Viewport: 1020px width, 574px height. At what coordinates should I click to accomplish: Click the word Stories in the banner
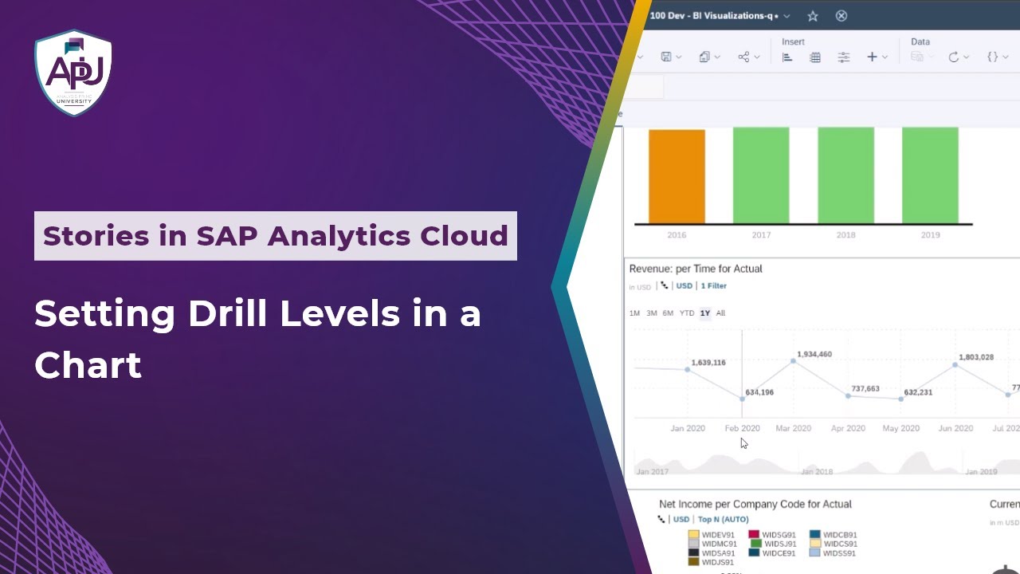[96, 236]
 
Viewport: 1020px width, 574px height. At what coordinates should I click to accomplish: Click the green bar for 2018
[845, 175]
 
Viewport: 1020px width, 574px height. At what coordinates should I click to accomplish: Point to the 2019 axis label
[930, 235]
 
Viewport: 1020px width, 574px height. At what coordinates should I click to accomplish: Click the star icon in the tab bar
[813, 16]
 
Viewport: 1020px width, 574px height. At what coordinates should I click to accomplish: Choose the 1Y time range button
[705, 313]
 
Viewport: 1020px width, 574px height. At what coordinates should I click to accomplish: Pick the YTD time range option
[687, 313]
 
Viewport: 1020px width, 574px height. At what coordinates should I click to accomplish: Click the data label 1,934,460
[814, 354]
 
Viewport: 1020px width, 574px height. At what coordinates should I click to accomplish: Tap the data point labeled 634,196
[743, 398]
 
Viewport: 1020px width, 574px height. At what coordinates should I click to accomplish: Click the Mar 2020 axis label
[793, 428]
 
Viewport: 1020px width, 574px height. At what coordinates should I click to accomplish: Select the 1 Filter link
[713, 285]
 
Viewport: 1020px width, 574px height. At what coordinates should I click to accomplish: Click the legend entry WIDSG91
[779, 535]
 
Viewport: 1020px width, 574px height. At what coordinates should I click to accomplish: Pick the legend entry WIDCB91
[840, 535]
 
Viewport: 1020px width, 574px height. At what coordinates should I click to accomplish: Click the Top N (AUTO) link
[723, 519]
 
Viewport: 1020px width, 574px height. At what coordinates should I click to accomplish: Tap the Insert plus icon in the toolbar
[872, 57]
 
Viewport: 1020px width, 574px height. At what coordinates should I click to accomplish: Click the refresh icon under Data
[953, 57]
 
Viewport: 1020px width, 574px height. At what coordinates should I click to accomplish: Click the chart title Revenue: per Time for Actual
[696, 269]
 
